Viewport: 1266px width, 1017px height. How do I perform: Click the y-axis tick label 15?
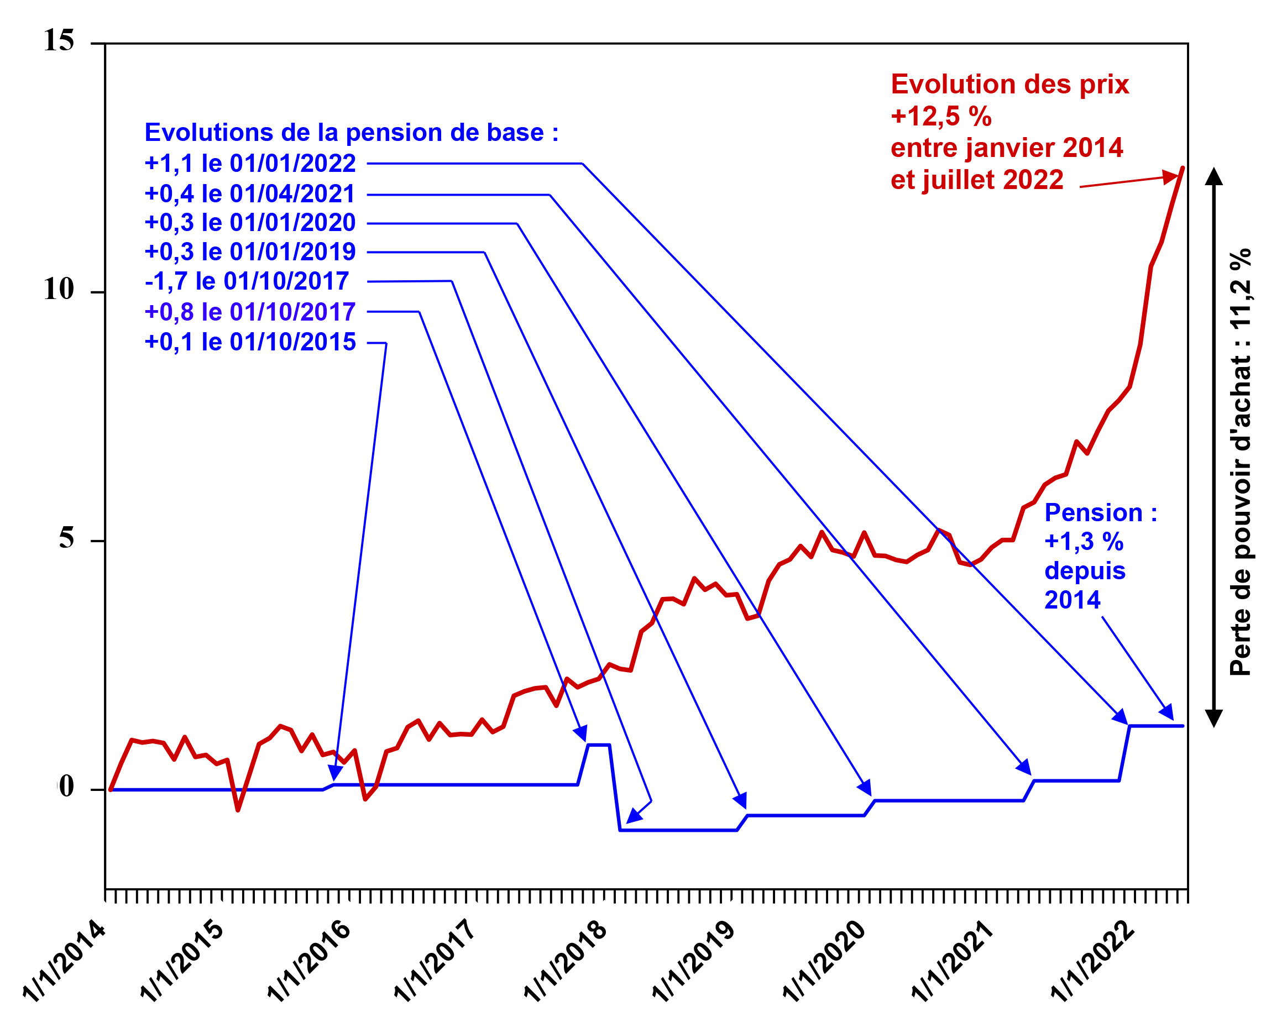(59, 41)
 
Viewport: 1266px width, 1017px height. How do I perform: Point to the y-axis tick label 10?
(59, 290)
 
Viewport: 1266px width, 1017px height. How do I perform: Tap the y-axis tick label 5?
(66, 538)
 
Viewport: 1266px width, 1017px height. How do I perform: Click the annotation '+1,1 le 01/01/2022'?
(250, 163)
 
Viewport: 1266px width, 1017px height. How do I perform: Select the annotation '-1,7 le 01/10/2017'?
(247, 281)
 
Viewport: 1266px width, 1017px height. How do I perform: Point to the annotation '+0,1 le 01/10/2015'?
(250, 342)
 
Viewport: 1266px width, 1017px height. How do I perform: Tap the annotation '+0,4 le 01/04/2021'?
(250, 194)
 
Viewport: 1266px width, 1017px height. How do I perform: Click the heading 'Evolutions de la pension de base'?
(351, 133)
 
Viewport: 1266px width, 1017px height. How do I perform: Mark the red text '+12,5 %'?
(941, 116)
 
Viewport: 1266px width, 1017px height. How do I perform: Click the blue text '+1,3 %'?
(1084, 541)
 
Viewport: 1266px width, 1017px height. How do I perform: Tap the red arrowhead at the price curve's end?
(1171, 177)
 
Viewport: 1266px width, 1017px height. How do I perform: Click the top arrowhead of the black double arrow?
(1213, 176)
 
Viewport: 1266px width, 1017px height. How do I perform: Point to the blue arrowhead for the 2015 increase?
(335, 772)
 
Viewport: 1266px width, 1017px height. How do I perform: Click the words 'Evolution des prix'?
(1009, 85)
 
